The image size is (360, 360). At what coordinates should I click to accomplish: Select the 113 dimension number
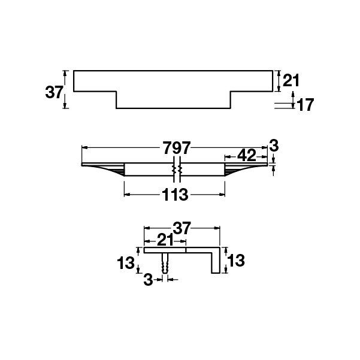(x=174, y=195)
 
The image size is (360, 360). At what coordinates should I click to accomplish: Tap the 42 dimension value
(x=246, y=155)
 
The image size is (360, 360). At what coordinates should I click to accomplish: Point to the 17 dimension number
(x=305, y=105)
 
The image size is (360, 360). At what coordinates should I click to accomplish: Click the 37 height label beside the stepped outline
(x=55, y=92)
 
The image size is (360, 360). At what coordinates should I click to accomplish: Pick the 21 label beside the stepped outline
(x=291, y=80)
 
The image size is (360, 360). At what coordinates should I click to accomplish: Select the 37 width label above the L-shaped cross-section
(x=181, y=228)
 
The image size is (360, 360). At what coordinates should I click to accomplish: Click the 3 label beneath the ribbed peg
(x=149, y=280)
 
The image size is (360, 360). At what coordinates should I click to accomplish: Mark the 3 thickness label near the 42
(x=274, y=146)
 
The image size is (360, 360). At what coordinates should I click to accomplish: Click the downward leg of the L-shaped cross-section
(x=214, y=262)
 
